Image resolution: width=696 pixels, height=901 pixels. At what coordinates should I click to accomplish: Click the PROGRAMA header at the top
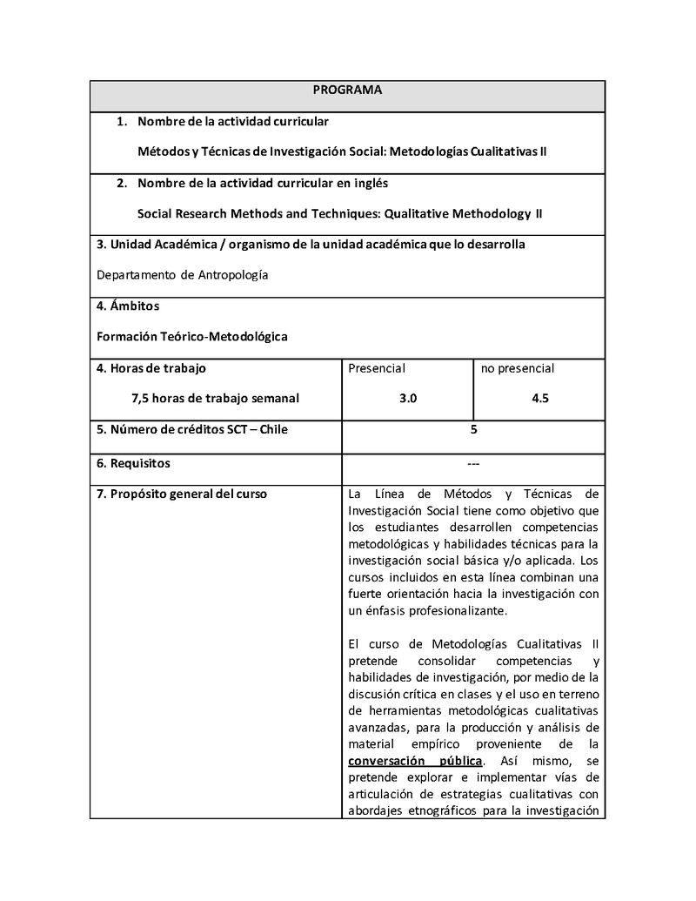pyautogui.click(x=347, y=90)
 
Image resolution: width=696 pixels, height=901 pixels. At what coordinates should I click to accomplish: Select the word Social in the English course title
pyautogui.click(x=156, y=213)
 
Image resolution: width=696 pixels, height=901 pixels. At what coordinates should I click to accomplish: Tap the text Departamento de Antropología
pyautogui.click(x=183, y=275)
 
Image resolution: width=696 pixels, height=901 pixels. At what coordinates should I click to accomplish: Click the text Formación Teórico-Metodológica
pyautogui.click(x=191, y=335)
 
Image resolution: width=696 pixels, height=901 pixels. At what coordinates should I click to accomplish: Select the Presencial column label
pyautogui.click(x=377, y=368)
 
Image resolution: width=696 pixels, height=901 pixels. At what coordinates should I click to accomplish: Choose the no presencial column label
pyautogui.click(x=518, y=368)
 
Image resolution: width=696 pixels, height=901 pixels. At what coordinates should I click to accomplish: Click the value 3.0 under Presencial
pyautogui.click(x=408, y=398)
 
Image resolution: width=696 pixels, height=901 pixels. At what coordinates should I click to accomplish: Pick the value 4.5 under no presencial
pyautogui.click(x=539, y=398)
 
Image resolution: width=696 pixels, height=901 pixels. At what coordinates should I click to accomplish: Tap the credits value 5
pyautogui.click(x=473, y=429)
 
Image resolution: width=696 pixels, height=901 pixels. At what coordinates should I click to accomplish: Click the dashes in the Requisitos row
pyautogui.click(x=473, y=463)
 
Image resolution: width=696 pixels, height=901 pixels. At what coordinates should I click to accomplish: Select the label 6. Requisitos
pyautogui.click(x=134, y=463)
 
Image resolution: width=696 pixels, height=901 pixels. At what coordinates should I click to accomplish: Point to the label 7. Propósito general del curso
pyautogui.click(x=182, y=494)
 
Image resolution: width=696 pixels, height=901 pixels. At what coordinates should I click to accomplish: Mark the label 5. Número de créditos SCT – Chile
pyautogui.click(x=192, y=429)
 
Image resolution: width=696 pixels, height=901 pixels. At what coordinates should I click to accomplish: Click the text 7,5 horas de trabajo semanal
pyautogui.click(x=215, y=398)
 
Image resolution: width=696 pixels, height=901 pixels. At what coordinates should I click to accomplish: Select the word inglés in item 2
pyautogui.click(x=370, y=183)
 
